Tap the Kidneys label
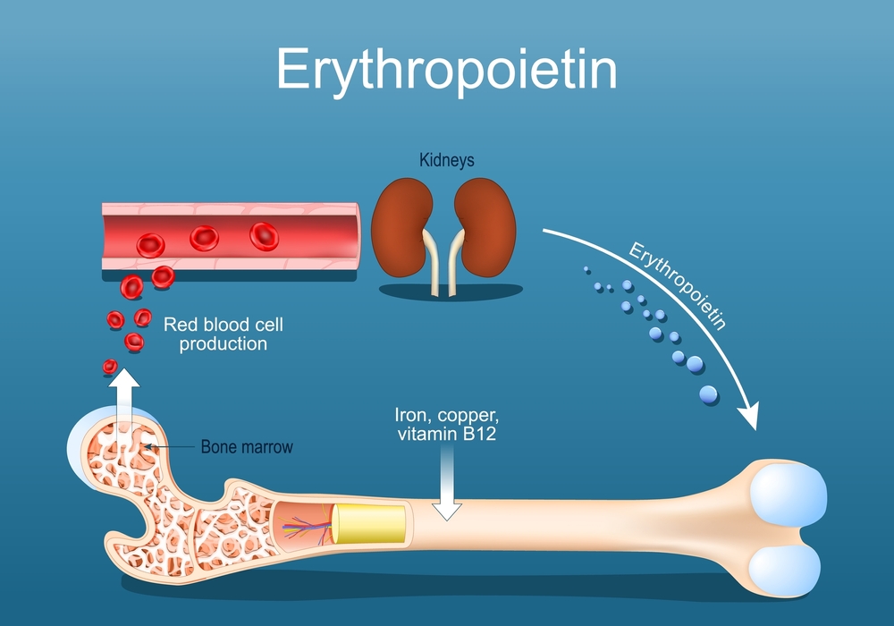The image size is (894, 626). [446, 161]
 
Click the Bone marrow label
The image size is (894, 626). [246, 446]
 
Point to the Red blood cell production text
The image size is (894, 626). [223, 334]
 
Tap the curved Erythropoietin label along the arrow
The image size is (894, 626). [677, 286]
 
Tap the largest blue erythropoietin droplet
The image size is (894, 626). [708, 393]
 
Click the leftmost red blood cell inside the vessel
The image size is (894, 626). [149, 244]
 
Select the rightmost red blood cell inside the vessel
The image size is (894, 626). [264, 235]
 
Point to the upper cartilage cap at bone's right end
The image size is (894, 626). [786, 494]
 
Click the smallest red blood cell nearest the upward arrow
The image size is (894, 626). [110, 366]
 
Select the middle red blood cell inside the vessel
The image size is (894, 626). [205, 238]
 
